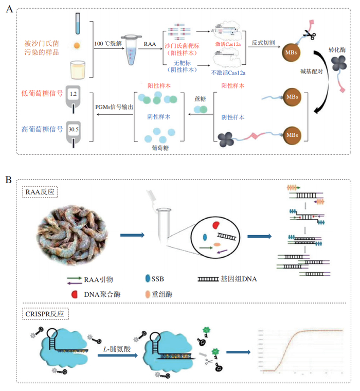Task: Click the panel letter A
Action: (x=9, y=10)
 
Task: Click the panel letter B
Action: (x=9, y=180)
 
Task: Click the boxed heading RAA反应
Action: (x=41, y=192)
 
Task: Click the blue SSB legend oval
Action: (x=148, y=278)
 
